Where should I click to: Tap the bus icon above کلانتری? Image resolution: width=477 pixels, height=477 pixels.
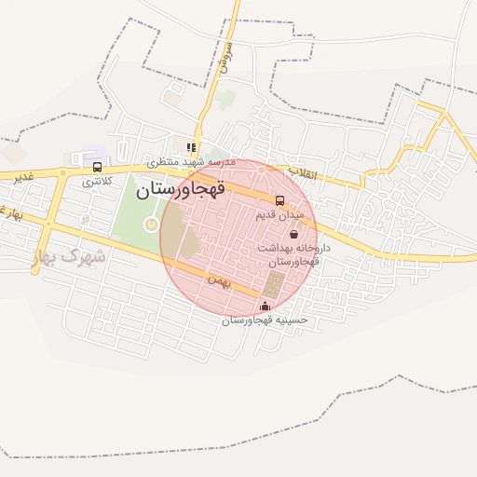tap(97, 167)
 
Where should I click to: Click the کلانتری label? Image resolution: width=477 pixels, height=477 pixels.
tap(97, 181)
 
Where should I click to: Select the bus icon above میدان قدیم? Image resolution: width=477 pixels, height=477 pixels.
tap(279, 200)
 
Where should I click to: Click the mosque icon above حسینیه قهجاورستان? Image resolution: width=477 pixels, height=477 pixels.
tap(265, 307)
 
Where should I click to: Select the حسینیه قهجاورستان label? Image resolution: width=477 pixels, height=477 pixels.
tap(265, 320)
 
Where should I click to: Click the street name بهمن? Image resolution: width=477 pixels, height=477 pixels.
tap(218, 278)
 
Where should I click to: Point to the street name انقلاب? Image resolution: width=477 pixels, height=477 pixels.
tap(302, 173)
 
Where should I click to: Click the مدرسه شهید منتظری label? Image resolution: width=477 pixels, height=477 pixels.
tap(196, 162)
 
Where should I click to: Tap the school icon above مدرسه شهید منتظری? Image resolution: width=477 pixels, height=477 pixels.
tap(191, 147)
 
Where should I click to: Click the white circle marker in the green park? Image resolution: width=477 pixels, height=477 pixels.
tap(151, 224)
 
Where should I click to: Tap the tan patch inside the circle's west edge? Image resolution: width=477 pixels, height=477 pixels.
tap(187, 244)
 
